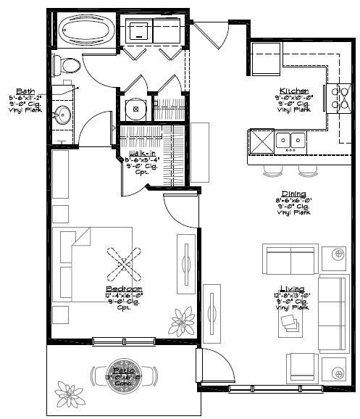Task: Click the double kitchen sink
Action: pyautogui.click(x=288, y=139)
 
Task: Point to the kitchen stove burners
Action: pyautogui.click(x=337, y=97)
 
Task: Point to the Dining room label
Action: pyautogui.click(x=293, y=194)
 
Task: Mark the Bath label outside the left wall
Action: pyautogui.click(x=15, y=90)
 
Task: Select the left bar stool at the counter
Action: pyautogui.click(x=272, y=170)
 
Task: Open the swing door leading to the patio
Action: pyautogui.click(x=216, y=366)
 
